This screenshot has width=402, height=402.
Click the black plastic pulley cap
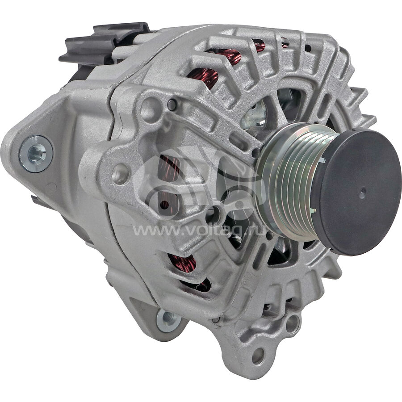(358, 188)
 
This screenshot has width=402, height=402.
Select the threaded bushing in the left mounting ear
(36, 153)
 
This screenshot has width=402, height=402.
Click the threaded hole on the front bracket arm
(120, 174)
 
